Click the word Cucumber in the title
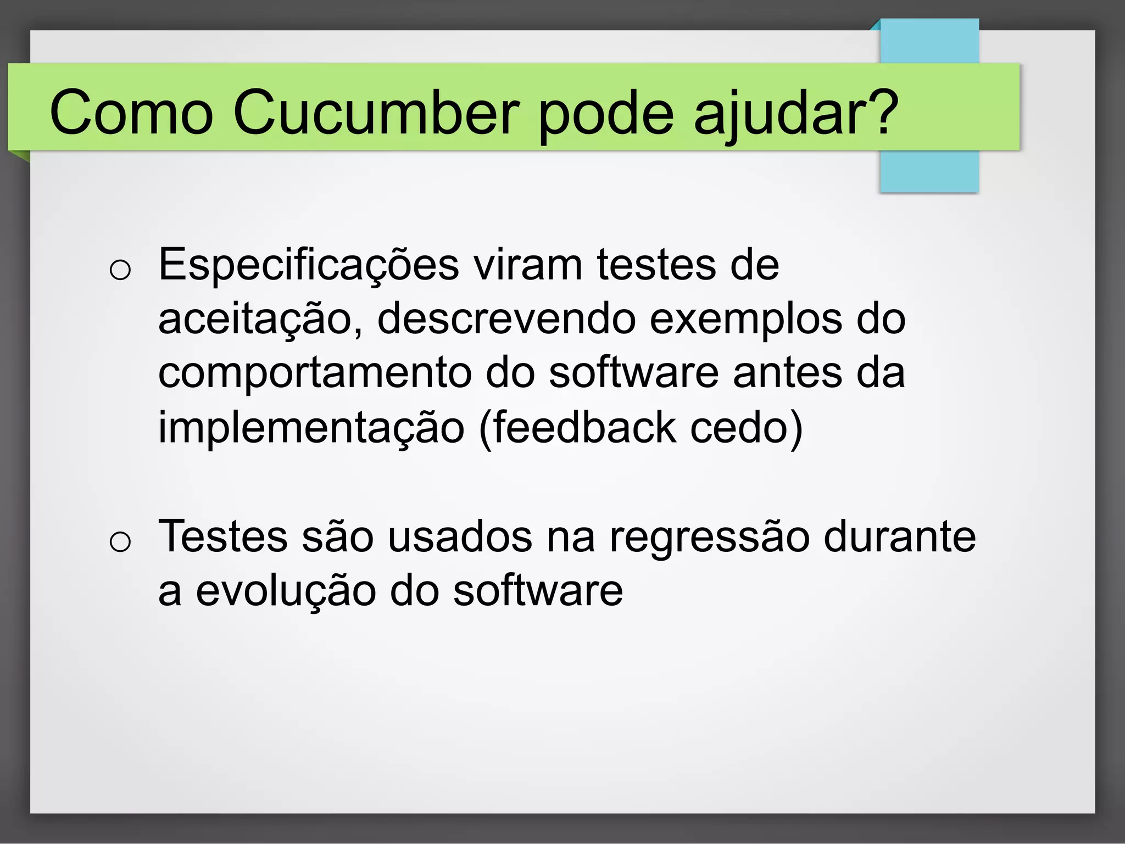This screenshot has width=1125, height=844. point(376,113)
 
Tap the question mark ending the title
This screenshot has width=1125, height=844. point(881,112)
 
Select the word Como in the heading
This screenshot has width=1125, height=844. point(131,113)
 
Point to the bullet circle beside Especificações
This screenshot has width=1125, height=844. point(120,270)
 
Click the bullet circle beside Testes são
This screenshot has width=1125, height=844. point(120,542)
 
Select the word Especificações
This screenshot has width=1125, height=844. point(308,266)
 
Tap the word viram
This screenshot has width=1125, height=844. point(527,266)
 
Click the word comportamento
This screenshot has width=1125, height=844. point(315,374)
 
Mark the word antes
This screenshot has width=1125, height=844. point(787,373)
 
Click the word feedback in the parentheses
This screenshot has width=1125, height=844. point(584,428)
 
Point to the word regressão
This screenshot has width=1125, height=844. point(709,538)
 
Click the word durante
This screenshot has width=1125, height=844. point(899,536)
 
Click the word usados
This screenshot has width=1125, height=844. point(460,536)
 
